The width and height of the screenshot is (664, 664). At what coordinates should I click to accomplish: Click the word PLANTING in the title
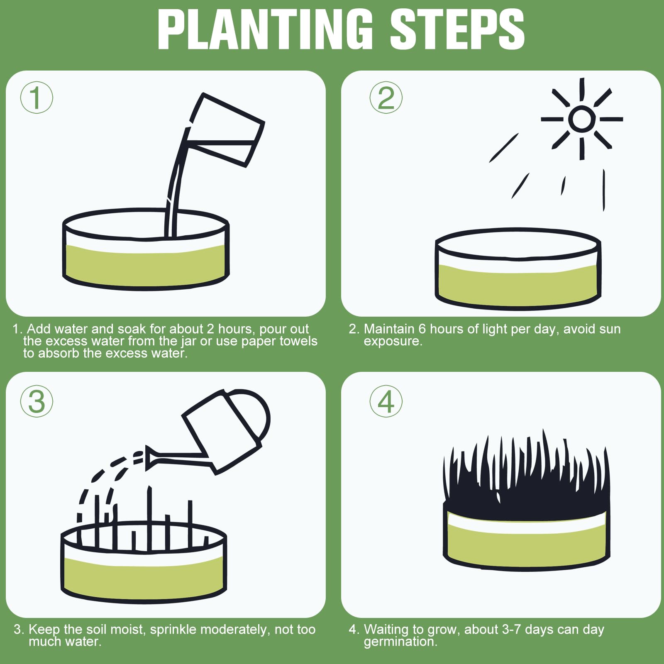265,29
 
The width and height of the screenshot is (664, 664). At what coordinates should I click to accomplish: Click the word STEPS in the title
457,29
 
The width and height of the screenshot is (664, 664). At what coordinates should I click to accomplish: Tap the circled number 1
37,98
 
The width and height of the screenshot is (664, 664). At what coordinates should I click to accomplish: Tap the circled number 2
386,98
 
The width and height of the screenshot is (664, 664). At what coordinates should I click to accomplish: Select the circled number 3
37,401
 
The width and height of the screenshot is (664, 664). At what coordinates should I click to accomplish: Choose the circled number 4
386,401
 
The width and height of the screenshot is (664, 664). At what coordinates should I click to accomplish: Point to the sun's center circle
581,119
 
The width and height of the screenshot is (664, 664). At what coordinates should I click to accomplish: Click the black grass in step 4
526,477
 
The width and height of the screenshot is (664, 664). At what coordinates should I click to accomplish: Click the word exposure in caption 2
393,342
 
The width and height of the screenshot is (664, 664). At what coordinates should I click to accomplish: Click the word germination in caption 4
400,642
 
